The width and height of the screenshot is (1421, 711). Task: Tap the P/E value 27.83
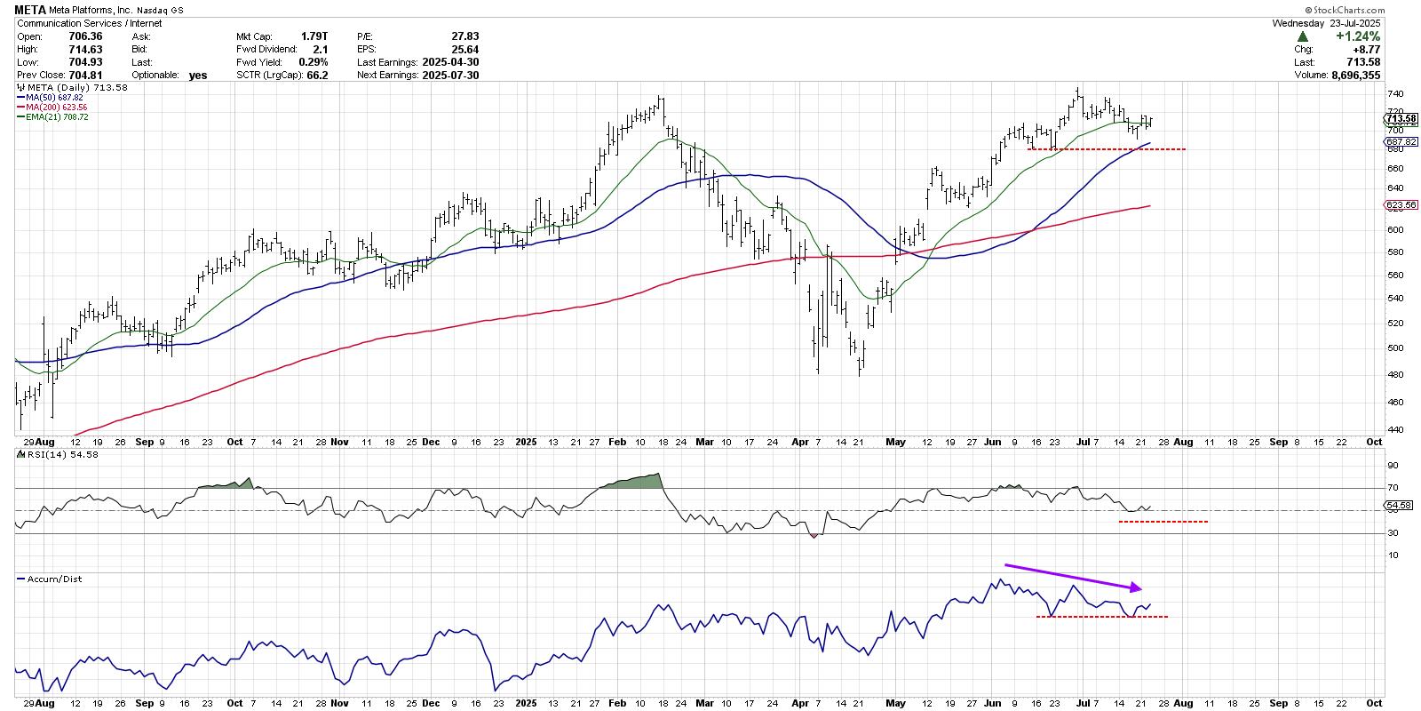465,36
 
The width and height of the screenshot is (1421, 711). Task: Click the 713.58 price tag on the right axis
1401,119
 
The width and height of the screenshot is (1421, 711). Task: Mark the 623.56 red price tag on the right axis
1401,205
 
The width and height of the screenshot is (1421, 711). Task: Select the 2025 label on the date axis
527,441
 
